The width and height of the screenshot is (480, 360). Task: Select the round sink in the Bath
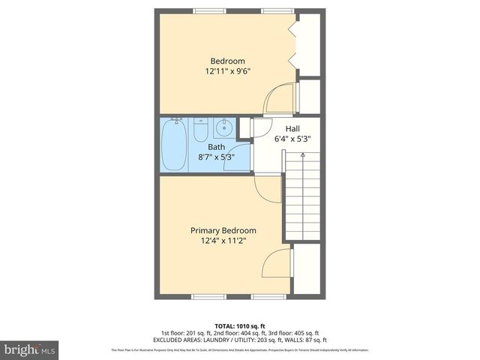pyautogui.click(x=224, y=128)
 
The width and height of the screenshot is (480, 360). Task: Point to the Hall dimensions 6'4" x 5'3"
pyautogui.click(x=292, y=139)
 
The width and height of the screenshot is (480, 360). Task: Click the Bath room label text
pyautogui.click(x=216, y=147)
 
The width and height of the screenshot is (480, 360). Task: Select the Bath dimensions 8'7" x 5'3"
pyautogui.click(x=216, y=157)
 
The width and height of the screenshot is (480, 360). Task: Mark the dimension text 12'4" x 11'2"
pyautogui.click(x=223, y=241)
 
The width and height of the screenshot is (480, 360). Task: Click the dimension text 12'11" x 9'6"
pyautogui.click(x=227, y=72)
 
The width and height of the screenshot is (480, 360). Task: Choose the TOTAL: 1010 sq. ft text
pyautogui.click(x=240, y=325)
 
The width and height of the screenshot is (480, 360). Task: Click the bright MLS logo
pyautogui.click(x=30, y=349)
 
